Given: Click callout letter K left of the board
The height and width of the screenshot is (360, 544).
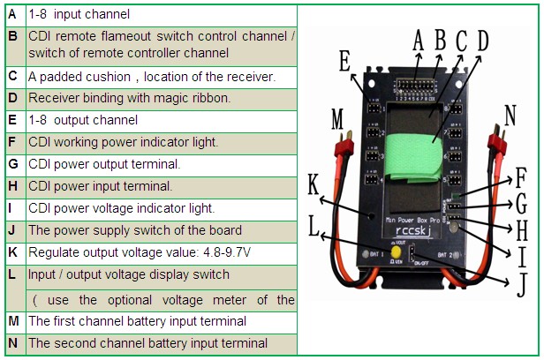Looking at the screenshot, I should pyautogui.click(x=314, y=185).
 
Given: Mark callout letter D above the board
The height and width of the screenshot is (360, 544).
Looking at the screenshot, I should pyautogui.click(x=481, y=40).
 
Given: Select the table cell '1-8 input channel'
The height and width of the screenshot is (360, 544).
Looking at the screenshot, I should pyautogui.click(x=79, y=14).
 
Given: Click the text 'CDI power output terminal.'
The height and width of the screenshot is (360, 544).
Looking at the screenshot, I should pyautogui.click(x=104, y=164).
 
